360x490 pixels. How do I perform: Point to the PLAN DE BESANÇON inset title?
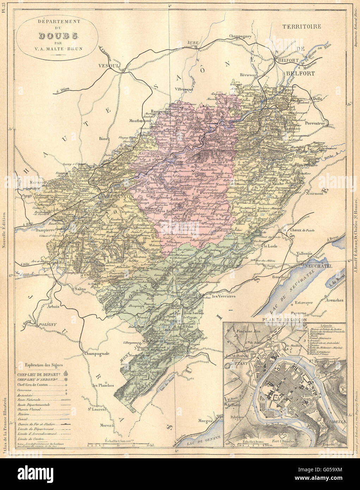[283, 320]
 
